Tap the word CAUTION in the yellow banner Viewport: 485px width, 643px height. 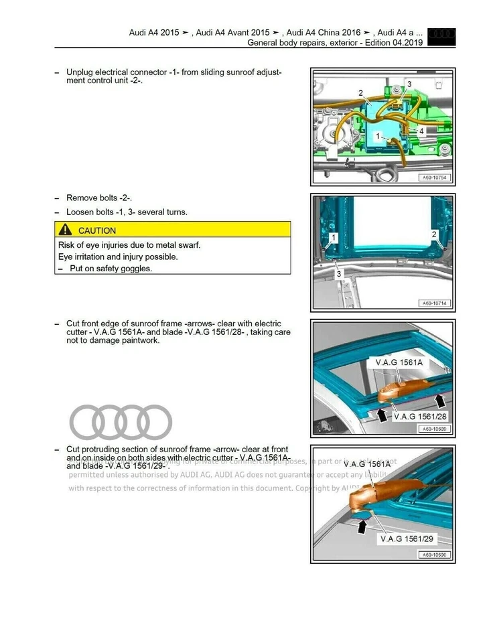[97, 230]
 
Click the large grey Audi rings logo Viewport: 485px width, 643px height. [121, 422]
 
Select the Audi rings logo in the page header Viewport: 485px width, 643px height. [441, 33]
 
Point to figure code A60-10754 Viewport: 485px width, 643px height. [434, 178]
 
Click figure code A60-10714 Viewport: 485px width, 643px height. [434, 303]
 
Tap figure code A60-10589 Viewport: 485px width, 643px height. [434, 429]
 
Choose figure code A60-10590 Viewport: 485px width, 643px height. [434, 555]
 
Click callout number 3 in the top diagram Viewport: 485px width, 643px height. [409, 84]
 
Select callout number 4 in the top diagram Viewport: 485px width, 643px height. [421, 131]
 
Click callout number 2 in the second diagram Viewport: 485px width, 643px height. [434, 234]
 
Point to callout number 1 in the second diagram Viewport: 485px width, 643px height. [334, 238]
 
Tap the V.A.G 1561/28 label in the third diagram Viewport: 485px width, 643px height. [420, 416]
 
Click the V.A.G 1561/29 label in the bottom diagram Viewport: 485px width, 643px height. [407, 539]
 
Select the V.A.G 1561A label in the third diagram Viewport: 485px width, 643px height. [400, 362]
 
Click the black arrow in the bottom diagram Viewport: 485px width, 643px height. [362, 526]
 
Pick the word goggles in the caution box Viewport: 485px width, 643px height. [135, 269]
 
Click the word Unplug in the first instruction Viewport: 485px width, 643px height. [80, 72]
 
